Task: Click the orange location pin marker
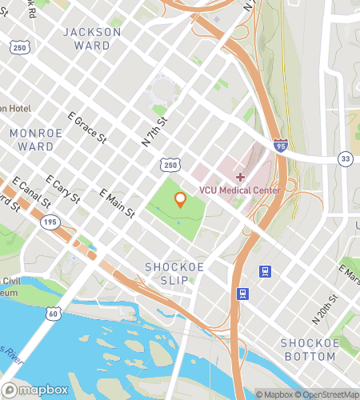(x=181, y=199)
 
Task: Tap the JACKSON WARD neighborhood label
(x=92, y=38)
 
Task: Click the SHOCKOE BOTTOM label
(x=308, y=350)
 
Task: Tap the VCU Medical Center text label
(x=240, y=190)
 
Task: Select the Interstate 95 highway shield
(x=280, y=146)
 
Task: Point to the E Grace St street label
(x=87, y=127)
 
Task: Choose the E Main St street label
(x=116, y=203)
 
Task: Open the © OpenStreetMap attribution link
(x=330, y=394)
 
